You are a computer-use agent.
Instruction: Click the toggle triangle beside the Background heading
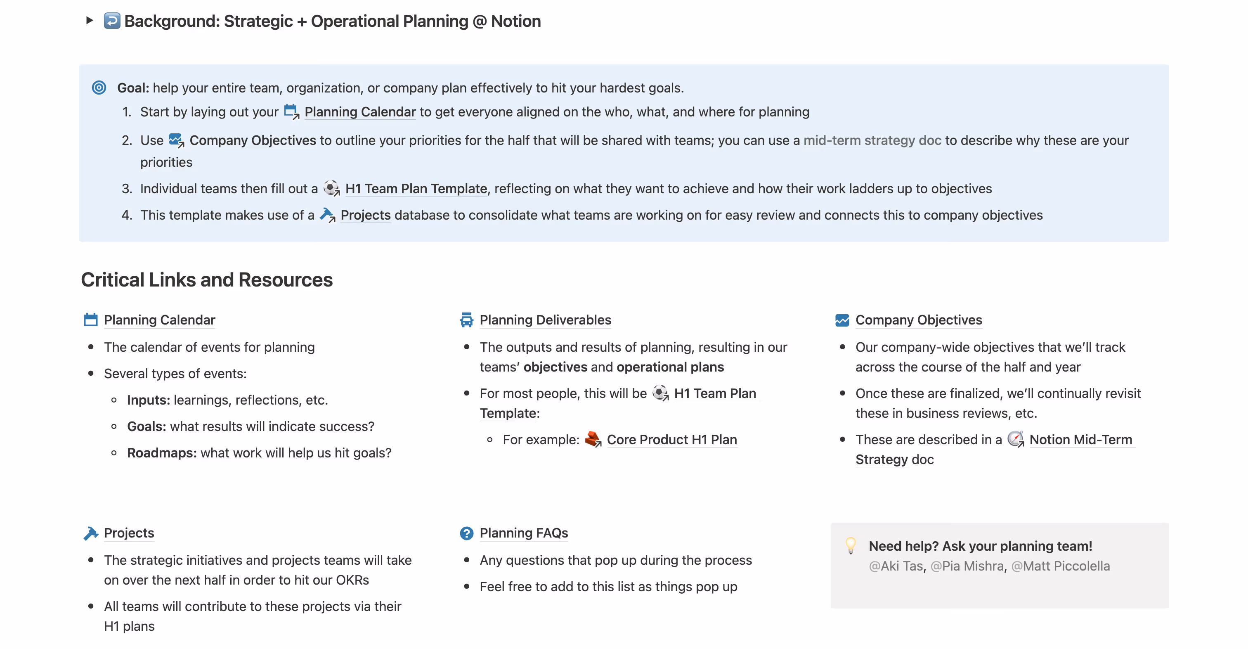[x=89, y=20]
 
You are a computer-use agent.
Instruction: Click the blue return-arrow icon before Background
[x=112, y=21]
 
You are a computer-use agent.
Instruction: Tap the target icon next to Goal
[x=99, y=88]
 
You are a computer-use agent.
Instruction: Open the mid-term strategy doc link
[x=872, y=140]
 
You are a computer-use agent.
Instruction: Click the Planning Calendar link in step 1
[x=360, y=112]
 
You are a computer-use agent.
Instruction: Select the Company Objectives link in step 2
[x=253, y=140]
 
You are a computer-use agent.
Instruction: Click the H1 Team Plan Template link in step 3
[x=416, y=189]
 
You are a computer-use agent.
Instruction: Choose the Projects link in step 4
[x=365, y=215]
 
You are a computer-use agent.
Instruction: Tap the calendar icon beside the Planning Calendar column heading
[x=91, y=320]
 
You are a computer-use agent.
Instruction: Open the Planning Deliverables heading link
[x=545, y=320]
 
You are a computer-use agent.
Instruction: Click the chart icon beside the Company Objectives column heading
[x=842, y=320]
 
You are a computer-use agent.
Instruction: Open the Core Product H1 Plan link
[x=671, y=440]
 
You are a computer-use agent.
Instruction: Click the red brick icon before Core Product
[x=593, y=438]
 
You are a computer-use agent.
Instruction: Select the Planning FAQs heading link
[x=524, y=533]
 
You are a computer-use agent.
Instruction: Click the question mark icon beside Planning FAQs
[x=466, y=533]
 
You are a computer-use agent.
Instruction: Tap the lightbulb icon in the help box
[x=850, y=545]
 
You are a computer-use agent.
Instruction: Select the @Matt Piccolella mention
[x=1061, y=566]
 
